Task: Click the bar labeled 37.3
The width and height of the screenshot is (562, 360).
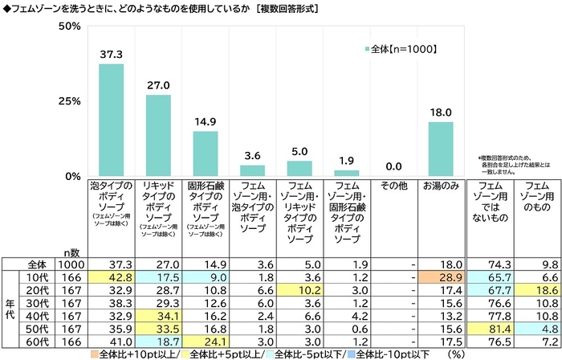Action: click(111, 120)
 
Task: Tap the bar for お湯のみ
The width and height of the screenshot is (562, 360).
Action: click(442, 149)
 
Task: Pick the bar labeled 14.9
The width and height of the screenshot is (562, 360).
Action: click(205, 153)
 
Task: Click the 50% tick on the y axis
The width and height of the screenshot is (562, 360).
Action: click(70, 27)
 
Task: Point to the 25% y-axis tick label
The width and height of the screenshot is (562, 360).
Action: click(70, 102)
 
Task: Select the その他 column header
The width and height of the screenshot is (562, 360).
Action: click(394, 186)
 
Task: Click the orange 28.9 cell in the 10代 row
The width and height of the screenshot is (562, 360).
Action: click(442, 275)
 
